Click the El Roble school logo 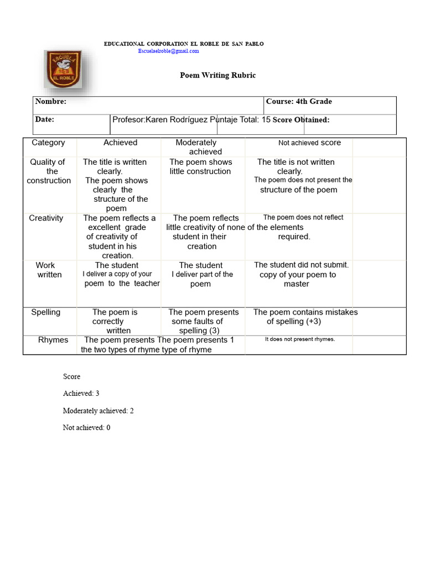click(63, 69)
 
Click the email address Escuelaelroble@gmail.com click(168, 51)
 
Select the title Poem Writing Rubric click(217, 75)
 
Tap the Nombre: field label click(50, 102)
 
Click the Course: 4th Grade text click(299, 102)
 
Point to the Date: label click(45, 119)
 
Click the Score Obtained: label click(301, 120)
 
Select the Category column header click(48, 143)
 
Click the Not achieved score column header click(309, 143)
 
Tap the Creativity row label click(46, 218)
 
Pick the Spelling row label click(45, 312)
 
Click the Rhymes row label click(53, 340)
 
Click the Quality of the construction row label click(49, 171)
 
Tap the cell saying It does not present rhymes click(299, 339)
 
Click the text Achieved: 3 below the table click(81, 394)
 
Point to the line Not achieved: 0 click(86, 428)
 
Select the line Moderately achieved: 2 click(98, 411)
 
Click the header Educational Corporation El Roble click(184, 44)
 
